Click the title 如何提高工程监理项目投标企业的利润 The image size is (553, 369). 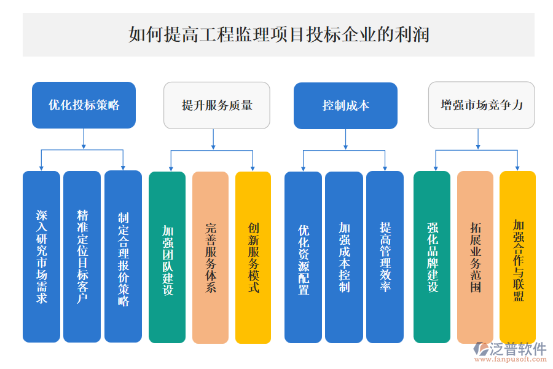coord(278,34)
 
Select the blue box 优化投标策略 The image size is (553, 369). coord(84,105)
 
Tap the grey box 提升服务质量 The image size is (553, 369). coord(216,105)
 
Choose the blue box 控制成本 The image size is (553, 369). coord(345,105)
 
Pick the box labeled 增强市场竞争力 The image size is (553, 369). coord(481,105)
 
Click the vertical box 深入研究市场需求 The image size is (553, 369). coord(42,256)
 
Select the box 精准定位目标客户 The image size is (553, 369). coord(82,256)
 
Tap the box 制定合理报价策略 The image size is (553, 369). coord(123,256)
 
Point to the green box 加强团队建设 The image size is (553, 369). coord(167,256)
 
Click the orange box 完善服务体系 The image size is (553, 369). coord(210,256)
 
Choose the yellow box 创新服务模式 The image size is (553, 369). coord(253,256)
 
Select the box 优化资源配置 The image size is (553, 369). coord(303,256)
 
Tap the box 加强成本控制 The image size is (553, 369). coord(344,256)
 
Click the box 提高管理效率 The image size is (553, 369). coord(385,256)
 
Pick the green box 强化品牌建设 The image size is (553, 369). coord(432,256)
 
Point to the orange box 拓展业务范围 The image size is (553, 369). coord(475,256)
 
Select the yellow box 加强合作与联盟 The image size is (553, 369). coord(517,256)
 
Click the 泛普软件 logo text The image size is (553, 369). coord(517,349)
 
